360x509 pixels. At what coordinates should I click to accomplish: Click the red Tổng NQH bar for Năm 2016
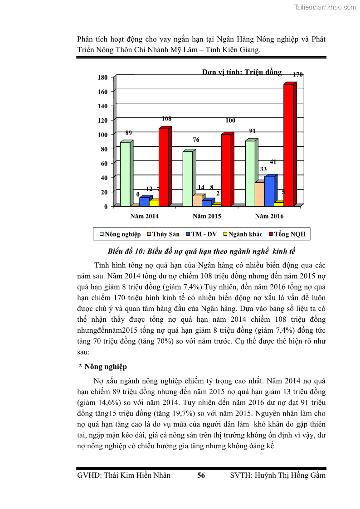click(x=288, y=145)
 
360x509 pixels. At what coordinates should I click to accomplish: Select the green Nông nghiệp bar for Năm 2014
click(x=125, y=174)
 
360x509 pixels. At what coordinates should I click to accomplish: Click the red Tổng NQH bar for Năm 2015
click(x=226, y=170)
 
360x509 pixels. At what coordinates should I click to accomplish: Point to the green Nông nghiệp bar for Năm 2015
click(x=188, y=179)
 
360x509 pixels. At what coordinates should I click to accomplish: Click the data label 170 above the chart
click(x=298, y=74)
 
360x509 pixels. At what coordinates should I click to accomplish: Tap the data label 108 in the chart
click(x=166, y=119)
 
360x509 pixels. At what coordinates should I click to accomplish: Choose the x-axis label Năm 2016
click(x=269, y=216)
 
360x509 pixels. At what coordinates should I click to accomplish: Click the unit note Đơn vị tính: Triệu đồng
click(x=242, y=72)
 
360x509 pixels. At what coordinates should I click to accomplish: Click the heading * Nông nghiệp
click(x=103, y=367)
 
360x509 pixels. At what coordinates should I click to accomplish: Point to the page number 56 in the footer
click(x=201, y=475)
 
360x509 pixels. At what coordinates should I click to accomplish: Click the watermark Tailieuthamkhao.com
click(x=325, y=7)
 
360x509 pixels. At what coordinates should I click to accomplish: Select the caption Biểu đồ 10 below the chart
click(x=201, y=252)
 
